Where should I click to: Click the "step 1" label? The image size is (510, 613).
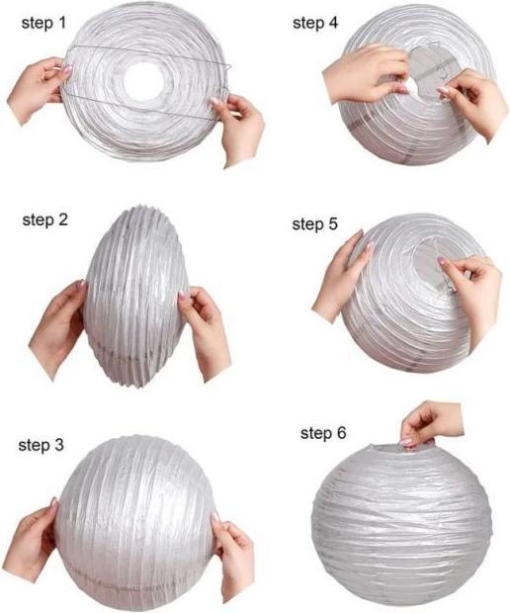tap(38, 21)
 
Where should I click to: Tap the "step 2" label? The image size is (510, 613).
tap(44, 219)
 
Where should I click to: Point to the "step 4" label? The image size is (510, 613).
tap(315, 21)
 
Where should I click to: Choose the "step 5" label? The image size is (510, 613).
tap(314, 224)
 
